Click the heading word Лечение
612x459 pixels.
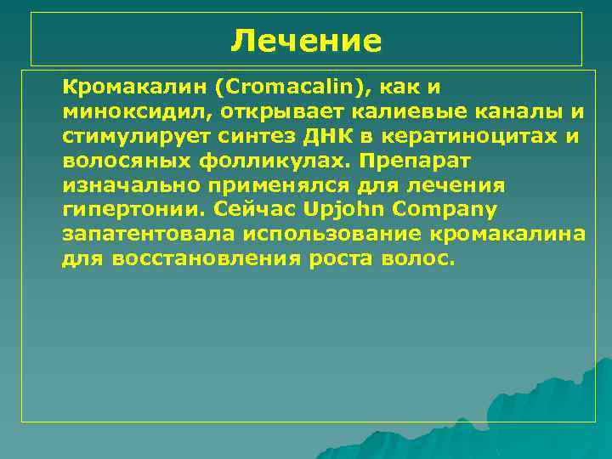(307, 39)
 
